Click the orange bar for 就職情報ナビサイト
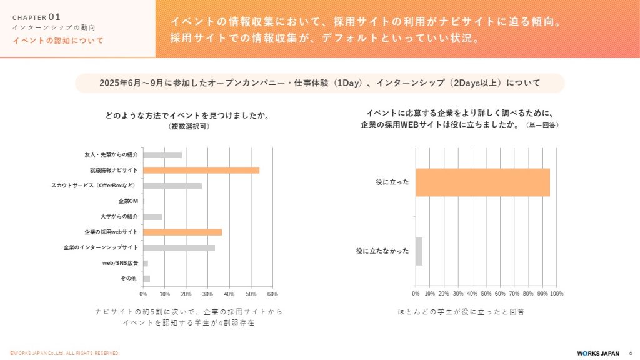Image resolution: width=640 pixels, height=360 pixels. (x=201, y=170)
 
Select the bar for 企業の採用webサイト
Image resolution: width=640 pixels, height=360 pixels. (x=182, y=232)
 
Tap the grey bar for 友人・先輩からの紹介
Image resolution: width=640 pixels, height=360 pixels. (x=162, y=154)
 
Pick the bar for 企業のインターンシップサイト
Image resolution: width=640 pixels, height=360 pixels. (x=179, y=247)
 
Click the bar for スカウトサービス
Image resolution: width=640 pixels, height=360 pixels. (x=172, y=186)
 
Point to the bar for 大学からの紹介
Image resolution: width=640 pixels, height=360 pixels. (x=152, y=217)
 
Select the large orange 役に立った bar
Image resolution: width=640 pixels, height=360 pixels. (x=482, y=182)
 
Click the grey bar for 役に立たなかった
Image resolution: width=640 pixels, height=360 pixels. (x=419, y=251)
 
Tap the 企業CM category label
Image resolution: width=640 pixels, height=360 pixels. (x=128, y=201)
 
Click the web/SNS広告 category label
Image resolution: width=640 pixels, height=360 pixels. (x=121, y=263)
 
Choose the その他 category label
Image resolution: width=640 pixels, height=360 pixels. (x=129, y=279)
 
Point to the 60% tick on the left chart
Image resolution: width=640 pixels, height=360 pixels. (x=272, y=294)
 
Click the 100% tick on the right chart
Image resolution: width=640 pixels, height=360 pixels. (x=556, y=294)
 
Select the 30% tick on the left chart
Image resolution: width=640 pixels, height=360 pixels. (x=207, y=294)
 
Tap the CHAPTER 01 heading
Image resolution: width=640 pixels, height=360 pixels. (x=36, y=17)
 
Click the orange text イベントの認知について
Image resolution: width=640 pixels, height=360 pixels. (x=58, y=41)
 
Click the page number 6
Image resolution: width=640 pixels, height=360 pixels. (x=630, y=353)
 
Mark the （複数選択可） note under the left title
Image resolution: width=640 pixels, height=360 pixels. (x=188, y=126)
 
